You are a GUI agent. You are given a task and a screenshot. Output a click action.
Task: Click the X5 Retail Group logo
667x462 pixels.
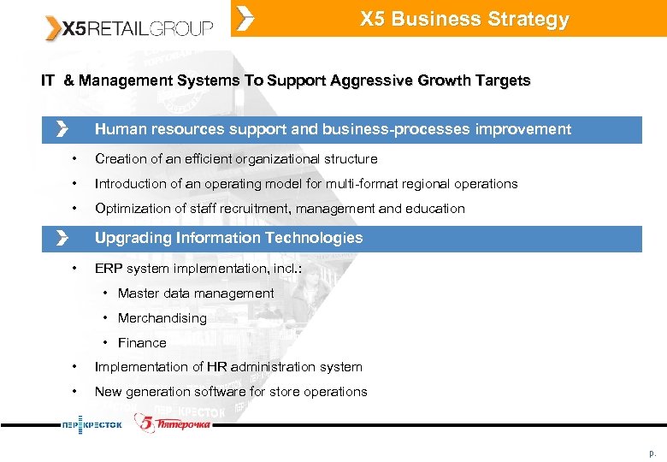pos(128,28)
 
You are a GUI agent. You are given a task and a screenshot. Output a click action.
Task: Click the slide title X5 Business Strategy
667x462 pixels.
pos(463,20)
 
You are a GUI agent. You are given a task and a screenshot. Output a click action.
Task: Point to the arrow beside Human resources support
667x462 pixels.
pos(61,129)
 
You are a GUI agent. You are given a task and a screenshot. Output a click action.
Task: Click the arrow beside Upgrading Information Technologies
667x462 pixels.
pos(61,238)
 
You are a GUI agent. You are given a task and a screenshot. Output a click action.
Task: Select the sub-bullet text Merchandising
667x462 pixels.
pos(162,318)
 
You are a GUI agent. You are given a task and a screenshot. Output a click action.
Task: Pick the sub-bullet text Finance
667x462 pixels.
pos(142,343)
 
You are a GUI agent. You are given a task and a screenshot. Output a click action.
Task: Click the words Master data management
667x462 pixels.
pos(196,293)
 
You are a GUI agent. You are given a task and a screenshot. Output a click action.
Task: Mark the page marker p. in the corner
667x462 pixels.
pos(652,452)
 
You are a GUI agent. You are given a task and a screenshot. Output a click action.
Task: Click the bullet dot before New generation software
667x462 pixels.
pos(75,392)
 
